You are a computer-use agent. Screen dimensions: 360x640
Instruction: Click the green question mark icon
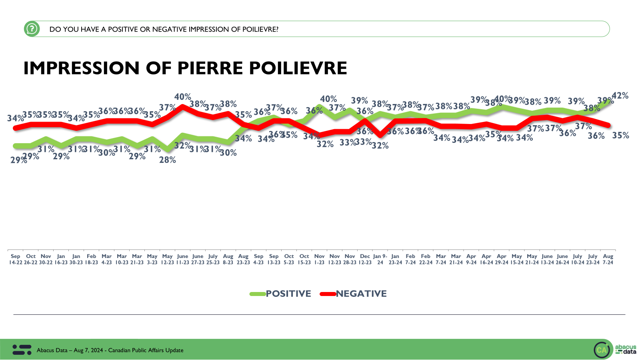coord(32,29)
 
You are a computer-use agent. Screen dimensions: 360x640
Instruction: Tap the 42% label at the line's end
coord(620,96)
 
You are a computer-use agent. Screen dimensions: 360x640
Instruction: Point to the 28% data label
coord(168,160)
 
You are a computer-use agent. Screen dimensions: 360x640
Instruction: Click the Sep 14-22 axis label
coord(16,259)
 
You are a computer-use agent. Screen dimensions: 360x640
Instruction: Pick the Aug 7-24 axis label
coord(608,259)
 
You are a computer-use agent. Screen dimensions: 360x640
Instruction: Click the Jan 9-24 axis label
coord(380,259)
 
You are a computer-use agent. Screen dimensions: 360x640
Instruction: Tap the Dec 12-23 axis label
coord(365,259)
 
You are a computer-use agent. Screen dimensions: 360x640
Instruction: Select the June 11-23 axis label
coord(182,259)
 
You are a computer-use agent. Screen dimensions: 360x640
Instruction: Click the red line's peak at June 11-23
coord(183,106)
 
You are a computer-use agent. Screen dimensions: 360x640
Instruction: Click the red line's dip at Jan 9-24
coord(380,135)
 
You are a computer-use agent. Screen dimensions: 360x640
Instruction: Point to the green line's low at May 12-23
coord(168,150)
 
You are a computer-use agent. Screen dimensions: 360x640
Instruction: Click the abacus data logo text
coord(626,349)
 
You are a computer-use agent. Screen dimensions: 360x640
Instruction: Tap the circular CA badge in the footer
coord(602,350)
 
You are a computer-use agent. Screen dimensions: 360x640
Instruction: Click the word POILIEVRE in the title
coord(298,68)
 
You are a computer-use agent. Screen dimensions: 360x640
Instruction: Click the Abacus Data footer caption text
coord(110,350)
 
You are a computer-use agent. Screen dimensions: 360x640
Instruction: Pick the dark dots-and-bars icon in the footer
coord(22,350)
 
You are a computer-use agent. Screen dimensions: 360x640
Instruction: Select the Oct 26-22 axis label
coord(31,259)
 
